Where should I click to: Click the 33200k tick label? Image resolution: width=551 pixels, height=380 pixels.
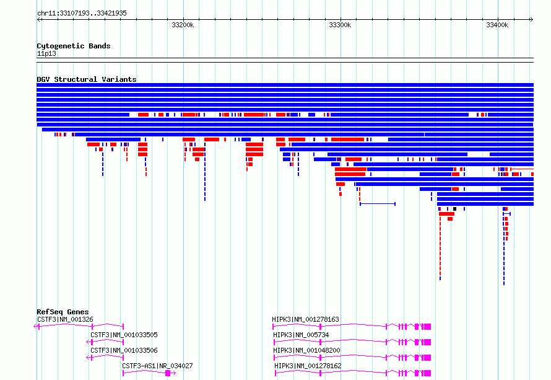[x=183, y=25]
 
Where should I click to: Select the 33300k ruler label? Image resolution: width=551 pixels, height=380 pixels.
[x=340, y=25]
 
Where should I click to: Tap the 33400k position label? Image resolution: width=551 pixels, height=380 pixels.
[x=497, y=25]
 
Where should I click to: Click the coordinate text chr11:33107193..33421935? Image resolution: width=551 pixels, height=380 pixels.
[x=82, y=14]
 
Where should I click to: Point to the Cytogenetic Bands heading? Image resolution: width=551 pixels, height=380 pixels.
[x=74, y=46]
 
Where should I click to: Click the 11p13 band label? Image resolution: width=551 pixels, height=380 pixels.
[x=46, y=53]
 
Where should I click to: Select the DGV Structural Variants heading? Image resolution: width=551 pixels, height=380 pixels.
[x=87, y=79]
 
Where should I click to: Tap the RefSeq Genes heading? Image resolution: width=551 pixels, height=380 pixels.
[x=63, y=312]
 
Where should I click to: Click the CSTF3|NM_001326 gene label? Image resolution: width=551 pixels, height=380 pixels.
[x=66, y=319]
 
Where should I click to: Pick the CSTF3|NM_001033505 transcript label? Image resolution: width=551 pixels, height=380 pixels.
[x=124, y=335]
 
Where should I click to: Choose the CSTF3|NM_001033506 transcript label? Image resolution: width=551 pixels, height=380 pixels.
[x=124, y=350]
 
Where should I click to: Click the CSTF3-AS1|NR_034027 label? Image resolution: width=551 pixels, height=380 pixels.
[x=157, y=366]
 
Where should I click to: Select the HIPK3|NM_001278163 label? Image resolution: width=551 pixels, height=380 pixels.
[x=305, y=319]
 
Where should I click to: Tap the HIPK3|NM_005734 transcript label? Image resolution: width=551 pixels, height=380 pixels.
[x=301, y=335]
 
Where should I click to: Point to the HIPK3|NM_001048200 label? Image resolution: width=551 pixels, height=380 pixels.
[x=307, y=350]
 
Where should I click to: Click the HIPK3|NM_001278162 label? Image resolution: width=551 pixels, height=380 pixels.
[x=308, y=366]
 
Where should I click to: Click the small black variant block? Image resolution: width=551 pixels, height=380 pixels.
[x=454, y=209]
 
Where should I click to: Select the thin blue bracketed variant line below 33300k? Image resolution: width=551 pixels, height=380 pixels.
[x=378, y=204]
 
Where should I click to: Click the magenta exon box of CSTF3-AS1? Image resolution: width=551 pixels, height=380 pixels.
[x=168, y=373]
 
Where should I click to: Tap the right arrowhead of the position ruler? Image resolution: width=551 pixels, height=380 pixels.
[x=532, y=19]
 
